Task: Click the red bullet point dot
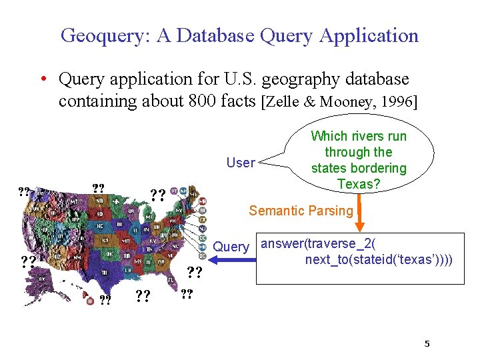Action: tap(42, 80)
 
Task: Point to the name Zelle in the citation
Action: tap(287, 101)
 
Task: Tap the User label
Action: tap(240, 163)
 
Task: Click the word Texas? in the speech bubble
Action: tap(359, 183)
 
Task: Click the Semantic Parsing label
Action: tap(301, 211)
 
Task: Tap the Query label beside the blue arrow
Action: tap(231, 247)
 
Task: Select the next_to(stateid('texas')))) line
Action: tap(379, 259)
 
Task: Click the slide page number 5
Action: tap(427, 344)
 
